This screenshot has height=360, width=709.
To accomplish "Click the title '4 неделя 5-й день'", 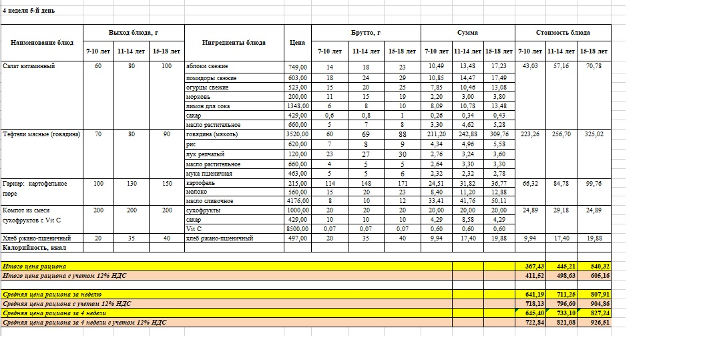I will click(x=29, y=11).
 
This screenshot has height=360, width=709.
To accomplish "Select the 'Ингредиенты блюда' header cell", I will click(x=234, y=42).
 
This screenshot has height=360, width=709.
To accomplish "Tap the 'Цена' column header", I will click(x=298, y=42).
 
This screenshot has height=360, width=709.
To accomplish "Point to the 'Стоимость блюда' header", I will click(x=563, y=32).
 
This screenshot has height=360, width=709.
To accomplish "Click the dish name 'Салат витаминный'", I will click(x=29, y=66).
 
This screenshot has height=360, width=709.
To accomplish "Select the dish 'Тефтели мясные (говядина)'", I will click(x=41, y=134).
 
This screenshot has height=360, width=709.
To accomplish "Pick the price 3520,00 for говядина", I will click(x=298, y=134).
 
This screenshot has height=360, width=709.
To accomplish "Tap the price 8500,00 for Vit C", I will click(x=298, y=228).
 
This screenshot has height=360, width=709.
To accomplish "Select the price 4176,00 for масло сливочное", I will click(x=298, y=200).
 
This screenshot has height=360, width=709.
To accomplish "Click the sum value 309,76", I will click(x=498, y=134).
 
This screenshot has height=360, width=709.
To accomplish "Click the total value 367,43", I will click(x=531, y=266).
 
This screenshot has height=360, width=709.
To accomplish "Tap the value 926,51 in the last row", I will click(x=594, y=323).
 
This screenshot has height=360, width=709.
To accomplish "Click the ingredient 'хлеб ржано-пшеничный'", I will click(x=219, y=238).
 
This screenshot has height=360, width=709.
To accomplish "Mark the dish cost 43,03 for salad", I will click(x=531, y=66).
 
